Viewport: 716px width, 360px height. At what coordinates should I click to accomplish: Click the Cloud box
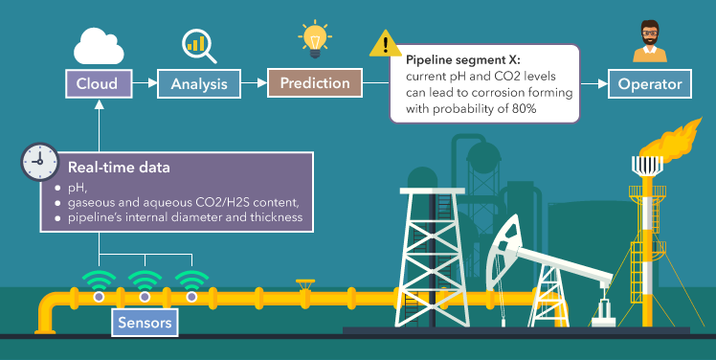[x=98, y=84]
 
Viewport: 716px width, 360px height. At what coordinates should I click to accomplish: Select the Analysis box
[x=198, y=84]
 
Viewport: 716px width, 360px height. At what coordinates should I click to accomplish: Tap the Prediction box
[x=314, y=83]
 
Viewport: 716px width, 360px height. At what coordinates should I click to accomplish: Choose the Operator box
[x=650, y=84]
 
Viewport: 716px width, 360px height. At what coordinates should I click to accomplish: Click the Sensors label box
[x=145, y=323]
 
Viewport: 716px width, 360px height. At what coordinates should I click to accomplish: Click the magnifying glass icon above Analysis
[x=200, y=44]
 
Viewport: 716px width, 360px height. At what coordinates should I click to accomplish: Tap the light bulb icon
[x=313, y=39]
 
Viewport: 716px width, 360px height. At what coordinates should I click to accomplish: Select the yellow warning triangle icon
[x=386, y=43]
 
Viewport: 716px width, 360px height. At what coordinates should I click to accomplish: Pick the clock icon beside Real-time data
[x=39, y=163]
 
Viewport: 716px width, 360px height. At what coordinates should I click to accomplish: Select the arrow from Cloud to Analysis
[x=144, y=84]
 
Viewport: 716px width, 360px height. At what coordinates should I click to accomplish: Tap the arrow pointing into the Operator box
[x=595, y=84]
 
